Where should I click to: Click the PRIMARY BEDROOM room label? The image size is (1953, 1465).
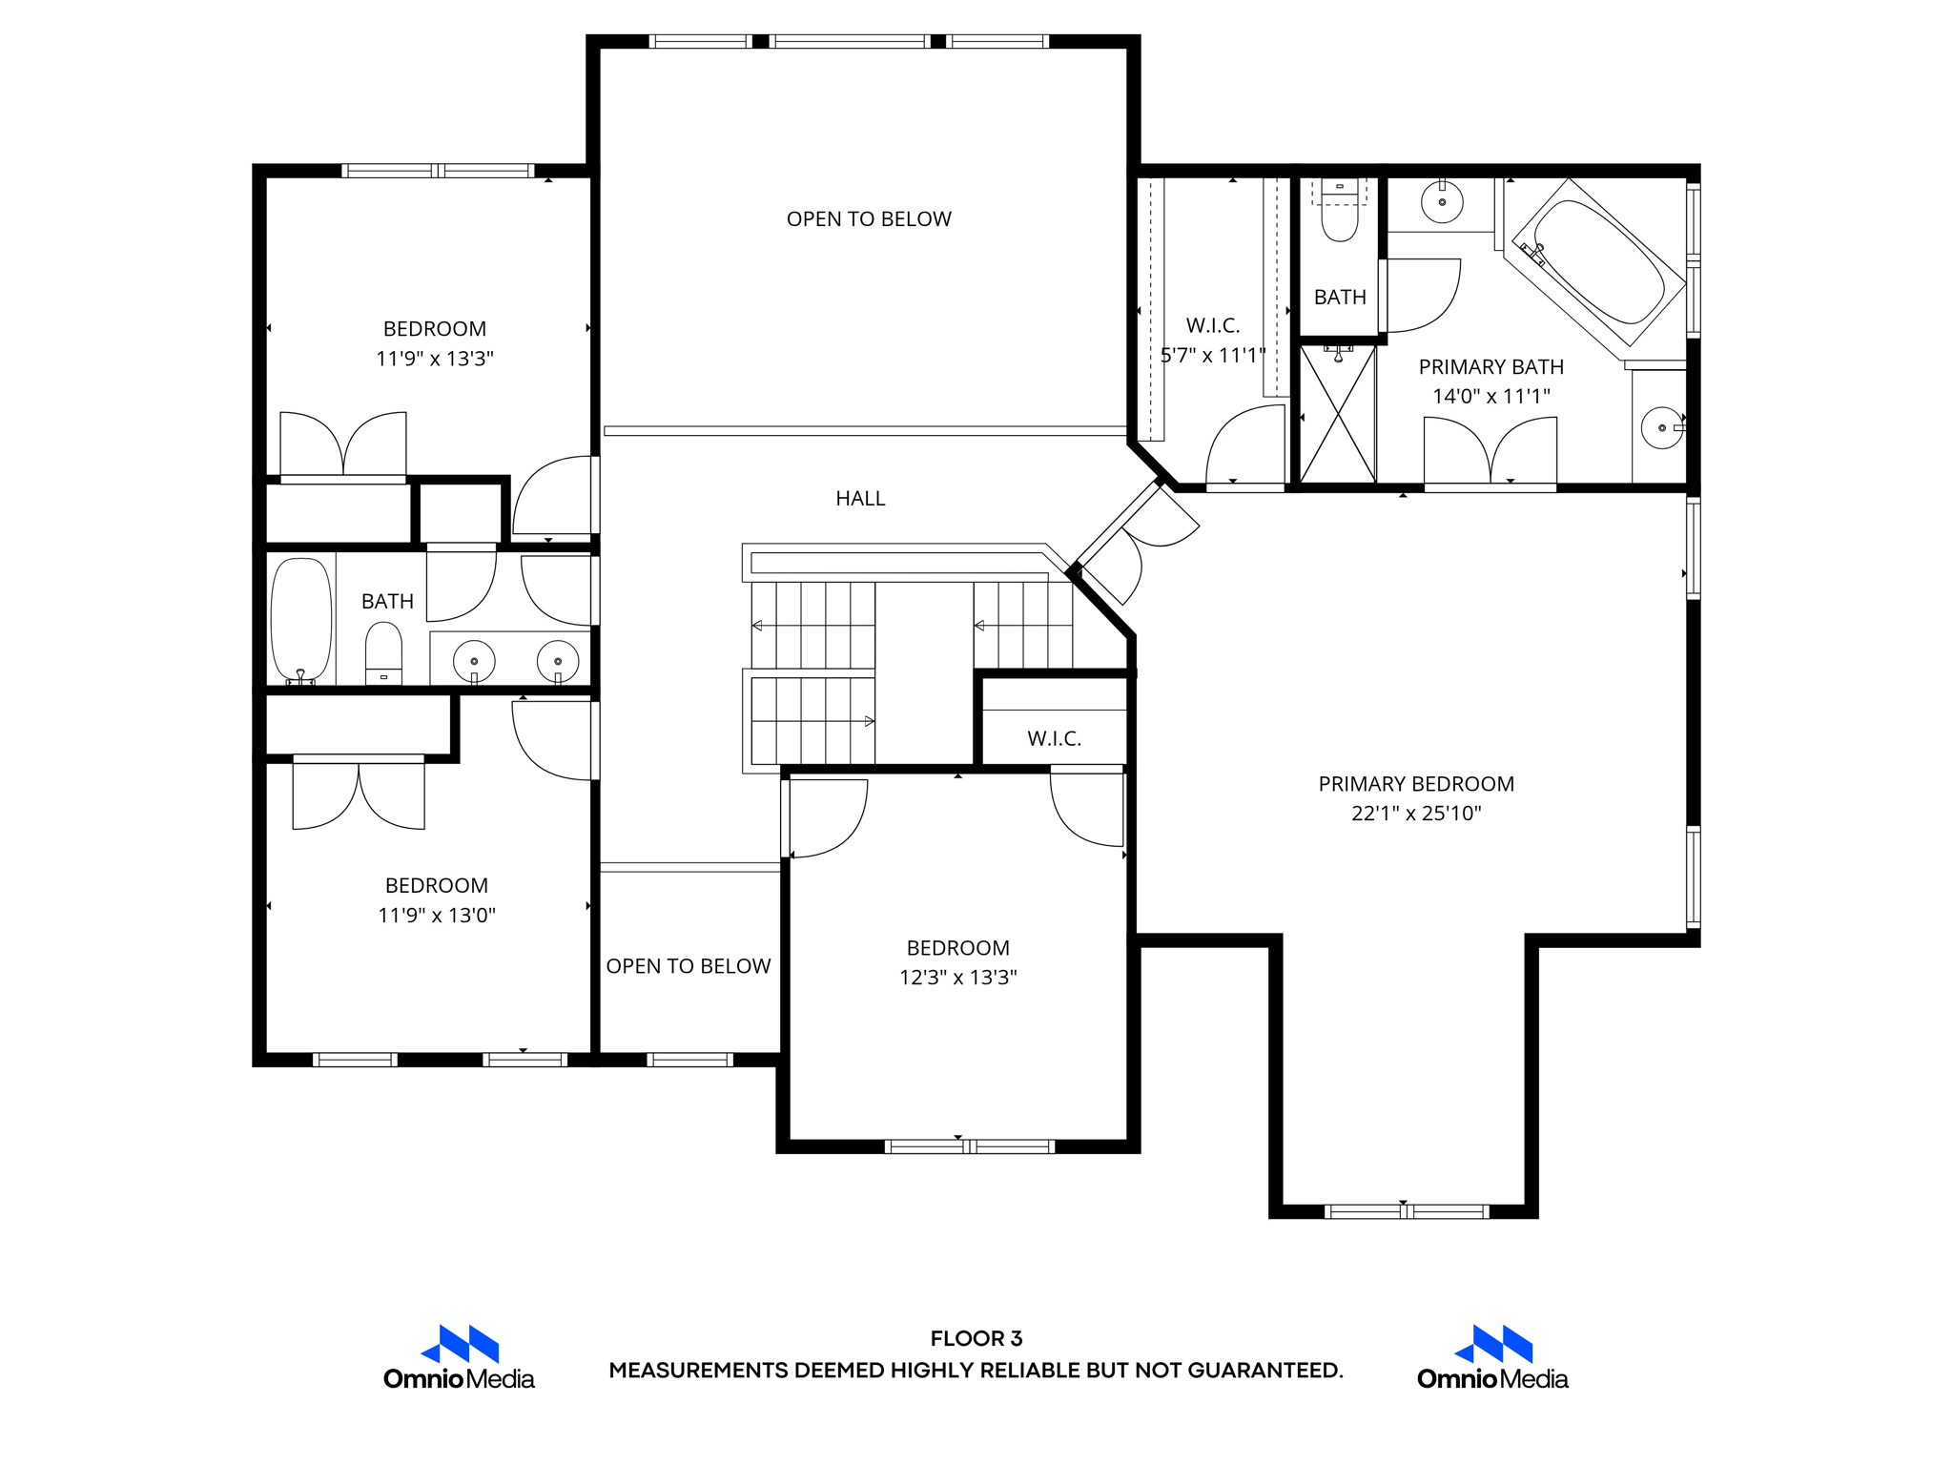(x=1415, y=784)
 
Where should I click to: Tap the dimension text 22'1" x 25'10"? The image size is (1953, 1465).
(x=1415, y=814)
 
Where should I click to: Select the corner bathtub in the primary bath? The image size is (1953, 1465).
(x=1598, y=261)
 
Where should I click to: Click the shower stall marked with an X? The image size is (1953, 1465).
(x=1338, y=415)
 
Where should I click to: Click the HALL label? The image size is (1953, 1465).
(x=860, y=498)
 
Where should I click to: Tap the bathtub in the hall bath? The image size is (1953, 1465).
(x=301, y=620)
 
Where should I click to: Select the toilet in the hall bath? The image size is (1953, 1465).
(x=383, y=652)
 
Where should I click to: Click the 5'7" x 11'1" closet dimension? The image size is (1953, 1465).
(x=1213, y=356)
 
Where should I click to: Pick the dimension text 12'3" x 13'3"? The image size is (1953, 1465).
(x=957, y=978)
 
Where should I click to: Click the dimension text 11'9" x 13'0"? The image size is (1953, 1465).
(x=436, y=916)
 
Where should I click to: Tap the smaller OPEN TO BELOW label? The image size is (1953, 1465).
(x=688, y=966)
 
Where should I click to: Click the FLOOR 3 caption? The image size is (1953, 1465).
(x=976, y=1338)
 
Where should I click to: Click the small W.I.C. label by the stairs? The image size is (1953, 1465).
(x=1054, y=738)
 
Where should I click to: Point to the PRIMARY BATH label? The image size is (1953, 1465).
(x=1490, y=367)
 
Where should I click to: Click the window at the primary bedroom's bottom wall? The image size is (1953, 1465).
(x=1406, y=1211)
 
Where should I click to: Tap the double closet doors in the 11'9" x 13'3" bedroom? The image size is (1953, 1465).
(x=343, y=446)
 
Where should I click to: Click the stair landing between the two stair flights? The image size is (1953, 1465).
(x=923, y=672)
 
